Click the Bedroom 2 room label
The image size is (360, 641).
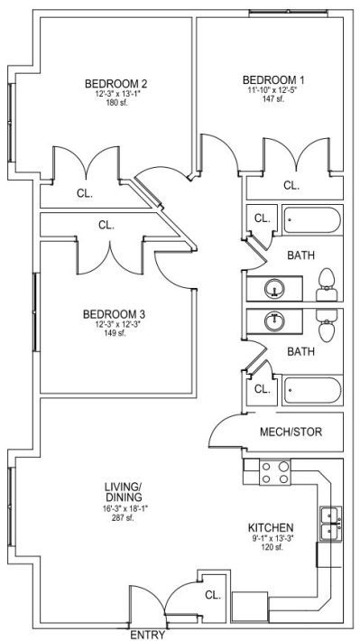[115, 84]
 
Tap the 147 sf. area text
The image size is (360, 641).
[273, 99]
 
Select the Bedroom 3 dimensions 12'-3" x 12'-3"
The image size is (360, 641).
[115, 326]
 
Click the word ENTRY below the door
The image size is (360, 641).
[148, 635]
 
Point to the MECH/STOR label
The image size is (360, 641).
[291, 432]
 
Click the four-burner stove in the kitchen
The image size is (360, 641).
[275, 472]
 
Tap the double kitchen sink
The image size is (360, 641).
[331, 525]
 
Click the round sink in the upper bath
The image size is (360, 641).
[274, 289]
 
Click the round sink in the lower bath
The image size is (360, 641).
[274, 321]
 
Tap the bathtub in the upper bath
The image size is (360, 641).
[312, 221]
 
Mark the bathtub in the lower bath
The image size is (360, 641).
[312, 390]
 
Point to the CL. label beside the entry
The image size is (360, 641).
[213, 595]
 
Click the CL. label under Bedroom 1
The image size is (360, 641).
[291, 186]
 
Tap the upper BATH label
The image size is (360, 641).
[301, 255]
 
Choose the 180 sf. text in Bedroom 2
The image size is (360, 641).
[116, 103]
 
